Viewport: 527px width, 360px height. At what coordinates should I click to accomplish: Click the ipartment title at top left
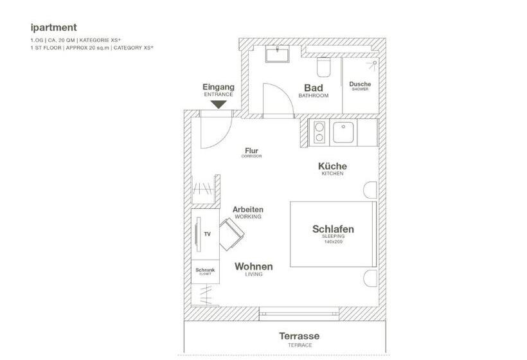pyautogui.click(x=53, y=28)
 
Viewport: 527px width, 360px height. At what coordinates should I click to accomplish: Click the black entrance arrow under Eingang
pyautogui.click(x=219, y=103)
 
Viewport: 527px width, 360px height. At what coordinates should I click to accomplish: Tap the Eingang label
pyautogui.click(x=219, y=87)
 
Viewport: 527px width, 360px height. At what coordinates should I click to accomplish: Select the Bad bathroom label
pyautogui.click(x=313, y=88)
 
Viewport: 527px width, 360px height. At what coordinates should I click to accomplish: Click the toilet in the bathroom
pyautogui.click(x=324, y=66)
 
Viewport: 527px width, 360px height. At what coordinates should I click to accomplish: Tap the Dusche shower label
pyautogui.click(x=360, y=84)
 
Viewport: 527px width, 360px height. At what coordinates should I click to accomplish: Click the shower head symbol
pyautogui.click(x=372, y=65)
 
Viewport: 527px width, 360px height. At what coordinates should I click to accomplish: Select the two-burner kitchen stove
pyautogui.click(x=319, y=132)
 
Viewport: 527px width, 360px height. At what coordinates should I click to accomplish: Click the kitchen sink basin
pyautogui.click(x=344, y=133)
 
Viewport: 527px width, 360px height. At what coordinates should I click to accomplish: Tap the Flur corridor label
pyautogui.click(x=251, y=152)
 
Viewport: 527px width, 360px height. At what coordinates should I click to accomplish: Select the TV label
pyautogui.click(x=207, y=234)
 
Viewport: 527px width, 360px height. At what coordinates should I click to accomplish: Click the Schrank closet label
pyautogui.click(x=205, y=271)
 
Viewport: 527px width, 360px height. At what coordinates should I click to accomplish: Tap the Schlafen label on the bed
pyautogui.click(x=333, y=229)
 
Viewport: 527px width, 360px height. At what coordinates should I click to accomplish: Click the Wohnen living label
pyautogui.click(x=253, y=266)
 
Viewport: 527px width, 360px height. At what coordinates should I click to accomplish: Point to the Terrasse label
pyautogui.click(x=299, y=336)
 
